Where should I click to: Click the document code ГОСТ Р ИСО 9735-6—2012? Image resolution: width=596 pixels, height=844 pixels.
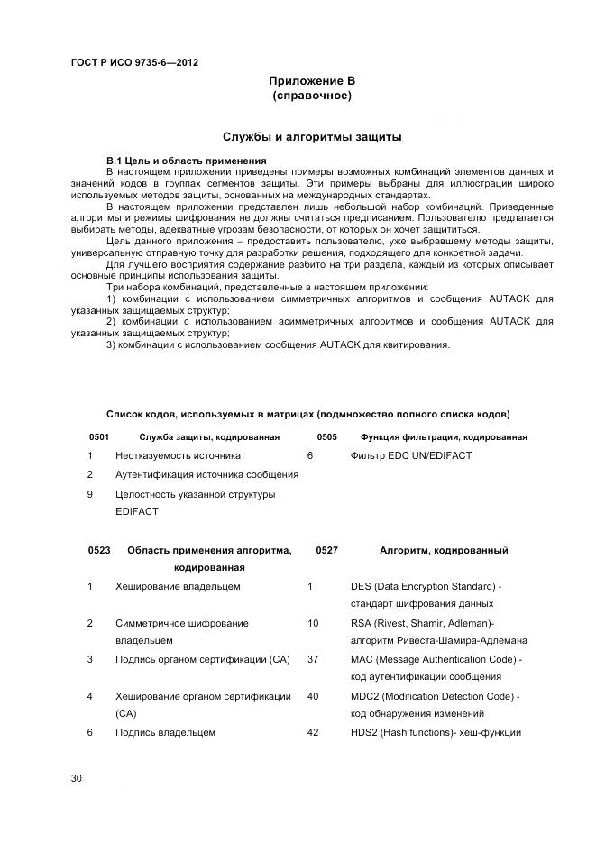pyautogui.click(x=134, y=62)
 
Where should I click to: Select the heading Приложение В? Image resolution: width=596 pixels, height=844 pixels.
pyautogui.click(x=311, y=81)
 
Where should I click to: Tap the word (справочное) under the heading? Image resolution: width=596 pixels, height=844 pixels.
pyautogui.click(x=311, y=96)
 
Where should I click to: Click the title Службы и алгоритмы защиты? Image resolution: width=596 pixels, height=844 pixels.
pyautogui.click(x=311, y=137)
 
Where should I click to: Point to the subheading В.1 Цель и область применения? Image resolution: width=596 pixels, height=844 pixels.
pyautogui.click(x=180, y=160)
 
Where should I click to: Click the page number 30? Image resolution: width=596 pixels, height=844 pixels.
pyautogui.click(x=77, y=778)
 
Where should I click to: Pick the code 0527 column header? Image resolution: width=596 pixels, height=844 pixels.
pyautogui.click(x=326, y=550)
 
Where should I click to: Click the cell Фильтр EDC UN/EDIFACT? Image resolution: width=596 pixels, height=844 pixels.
pyautogui.click(x=410, y=456)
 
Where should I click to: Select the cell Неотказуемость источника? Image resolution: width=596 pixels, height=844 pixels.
pyautogui.click(x=178, y=456)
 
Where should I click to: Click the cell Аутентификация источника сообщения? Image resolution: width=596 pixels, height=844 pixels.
pyautogui.click(x=206, y=475)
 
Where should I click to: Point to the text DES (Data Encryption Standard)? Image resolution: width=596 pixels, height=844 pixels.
pyautogui.click(x=424, y=587)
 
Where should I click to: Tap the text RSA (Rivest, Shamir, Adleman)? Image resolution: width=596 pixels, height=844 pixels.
pyautogui.click(x=422, y=623)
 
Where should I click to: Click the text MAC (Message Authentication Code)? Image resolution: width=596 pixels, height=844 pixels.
pyautogui.click(x=435, y=660)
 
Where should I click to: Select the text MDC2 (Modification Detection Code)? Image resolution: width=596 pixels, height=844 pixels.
pyautogui.click(x=435, y=696)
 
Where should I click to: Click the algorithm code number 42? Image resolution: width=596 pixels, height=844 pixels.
pyautogui.click(x=312, y=733)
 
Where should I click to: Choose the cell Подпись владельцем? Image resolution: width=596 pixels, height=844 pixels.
pyautogui.click(x=165, y=733)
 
